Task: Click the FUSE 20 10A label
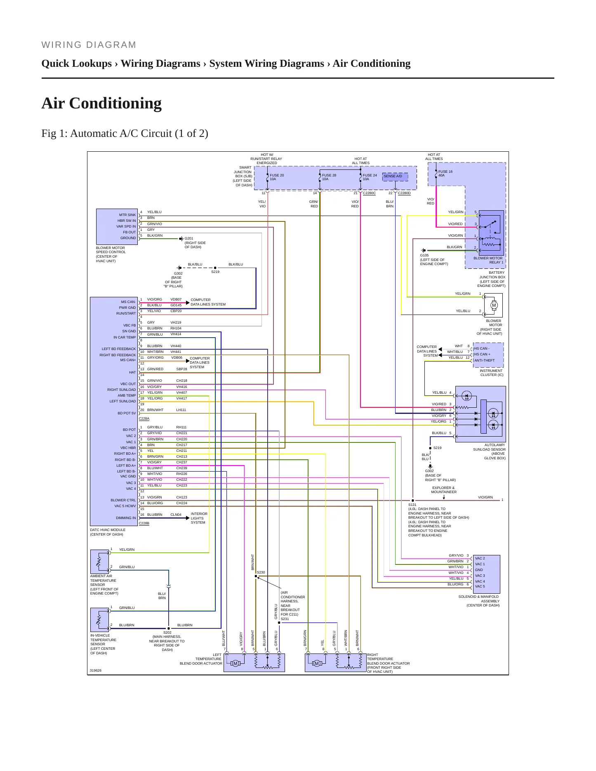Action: (x=277, y=177)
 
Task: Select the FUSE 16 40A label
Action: (x=445, y=174)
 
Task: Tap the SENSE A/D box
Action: (x=395, y=176)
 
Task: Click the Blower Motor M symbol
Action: (x=494, y=306)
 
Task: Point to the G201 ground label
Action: (x=189, y=238)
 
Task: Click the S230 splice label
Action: (x=261, y=572)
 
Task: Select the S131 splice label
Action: (x=412, y=505)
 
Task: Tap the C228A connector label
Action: (x=144, y=418)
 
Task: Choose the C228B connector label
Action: (x=144, y=523)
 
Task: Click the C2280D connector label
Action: (x=404, y=193)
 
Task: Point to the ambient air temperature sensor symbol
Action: (x=99, y=562)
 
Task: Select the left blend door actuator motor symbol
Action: (x=236, y=663)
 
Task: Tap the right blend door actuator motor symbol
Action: (x=317, y=663)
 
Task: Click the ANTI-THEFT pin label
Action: (x=484, y=360)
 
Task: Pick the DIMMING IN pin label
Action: (x=126, y=518)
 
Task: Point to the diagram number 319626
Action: (x=96, y=670)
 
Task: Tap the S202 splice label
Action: (x=167, y=632)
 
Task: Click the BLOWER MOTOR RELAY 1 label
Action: (x=488, y=260)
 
